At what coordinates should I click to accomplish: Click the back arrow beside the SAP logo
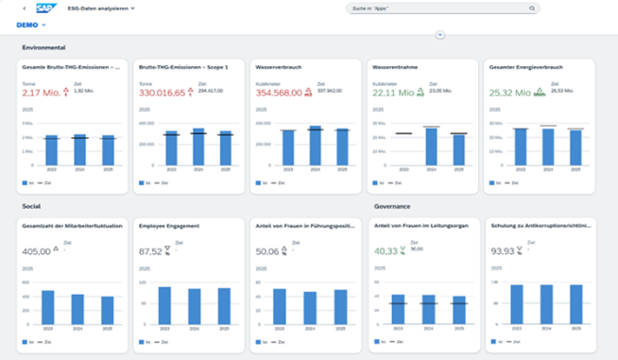(23, 8)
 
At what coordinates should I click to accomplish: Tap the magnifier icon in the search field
(531, 8)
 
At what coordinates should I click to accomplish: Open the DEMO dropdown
(31, 25)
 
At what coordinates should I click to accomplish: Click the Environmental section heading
(43, 47)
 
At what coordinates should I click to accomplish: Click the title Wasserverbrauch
(280, 68)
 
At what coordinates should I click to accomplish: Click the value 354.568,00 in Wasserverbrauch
(279, 94)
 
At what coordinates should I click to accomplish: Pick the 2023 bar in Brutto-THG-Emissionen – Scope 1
(171, 149)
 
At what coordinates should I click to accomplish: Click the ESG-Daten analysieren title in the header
(96, 8)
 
